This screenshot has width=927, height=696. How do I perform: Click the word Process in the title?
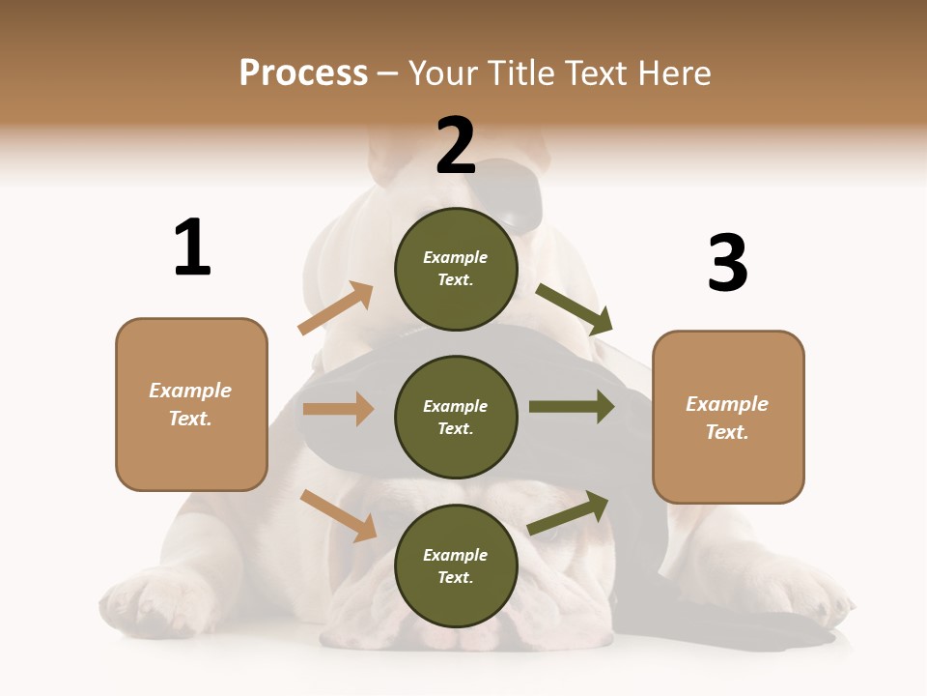click(303, 73)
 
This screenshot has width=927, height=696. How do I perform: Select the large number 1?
click(192, 248)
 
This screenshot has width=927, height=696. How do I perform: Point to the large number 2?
click(456, 146)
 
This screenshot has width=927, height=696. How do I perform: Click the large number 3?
click(728, 264)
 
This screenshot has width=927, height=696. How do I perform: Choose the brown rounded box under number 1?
click(191, 404)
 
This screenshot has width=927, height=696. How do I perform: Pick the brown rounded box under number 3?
click(728, 418)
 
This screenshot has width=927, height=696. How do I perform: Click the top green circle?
click(456, 269)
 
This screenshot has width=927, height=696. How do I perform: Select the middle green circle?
click(456, 418)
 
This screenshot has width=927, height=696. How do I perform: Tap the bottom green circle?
click(456, 566)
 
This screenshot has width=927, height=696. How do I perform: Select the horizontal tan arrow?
click(338, 409)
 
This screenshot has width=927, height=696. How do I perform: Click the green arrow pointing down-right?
click(575, 308)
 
